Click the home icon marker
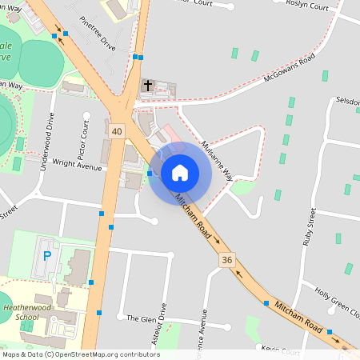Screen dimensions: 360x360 point(179,172)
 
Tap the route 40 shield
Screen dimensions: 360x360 point(118,130)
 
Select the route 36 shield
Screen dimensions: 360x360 point(227,260)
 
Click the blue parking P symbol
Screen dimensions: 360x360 point(46,256)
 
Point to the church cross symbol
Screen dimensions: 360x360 point(148,84)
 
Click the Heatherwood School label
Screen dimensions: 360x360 point(32,311)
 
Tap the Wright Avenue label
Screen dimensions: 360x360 point(77,164)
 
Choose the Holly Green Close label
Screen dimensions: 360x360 point(336,301)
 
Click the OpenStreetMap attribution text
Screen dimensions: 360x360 point(80,354)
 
